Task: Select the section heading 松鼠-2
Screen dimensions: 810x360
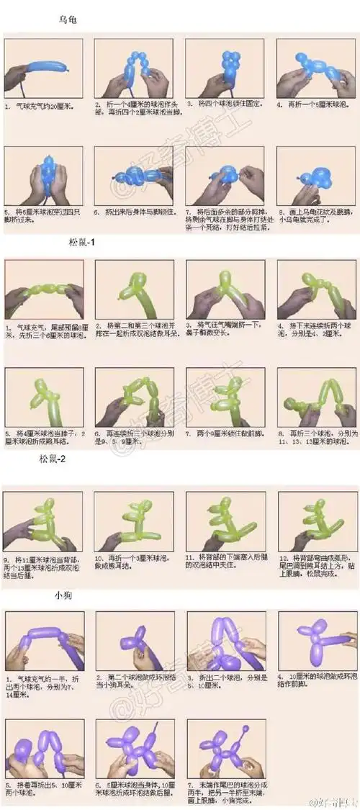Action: [x=53, y=458]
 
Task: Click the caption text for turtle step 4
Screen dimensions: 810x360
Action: [x=316, y=104]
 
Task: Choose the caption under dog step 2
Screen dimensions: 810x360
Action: [x=135, y=682]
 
